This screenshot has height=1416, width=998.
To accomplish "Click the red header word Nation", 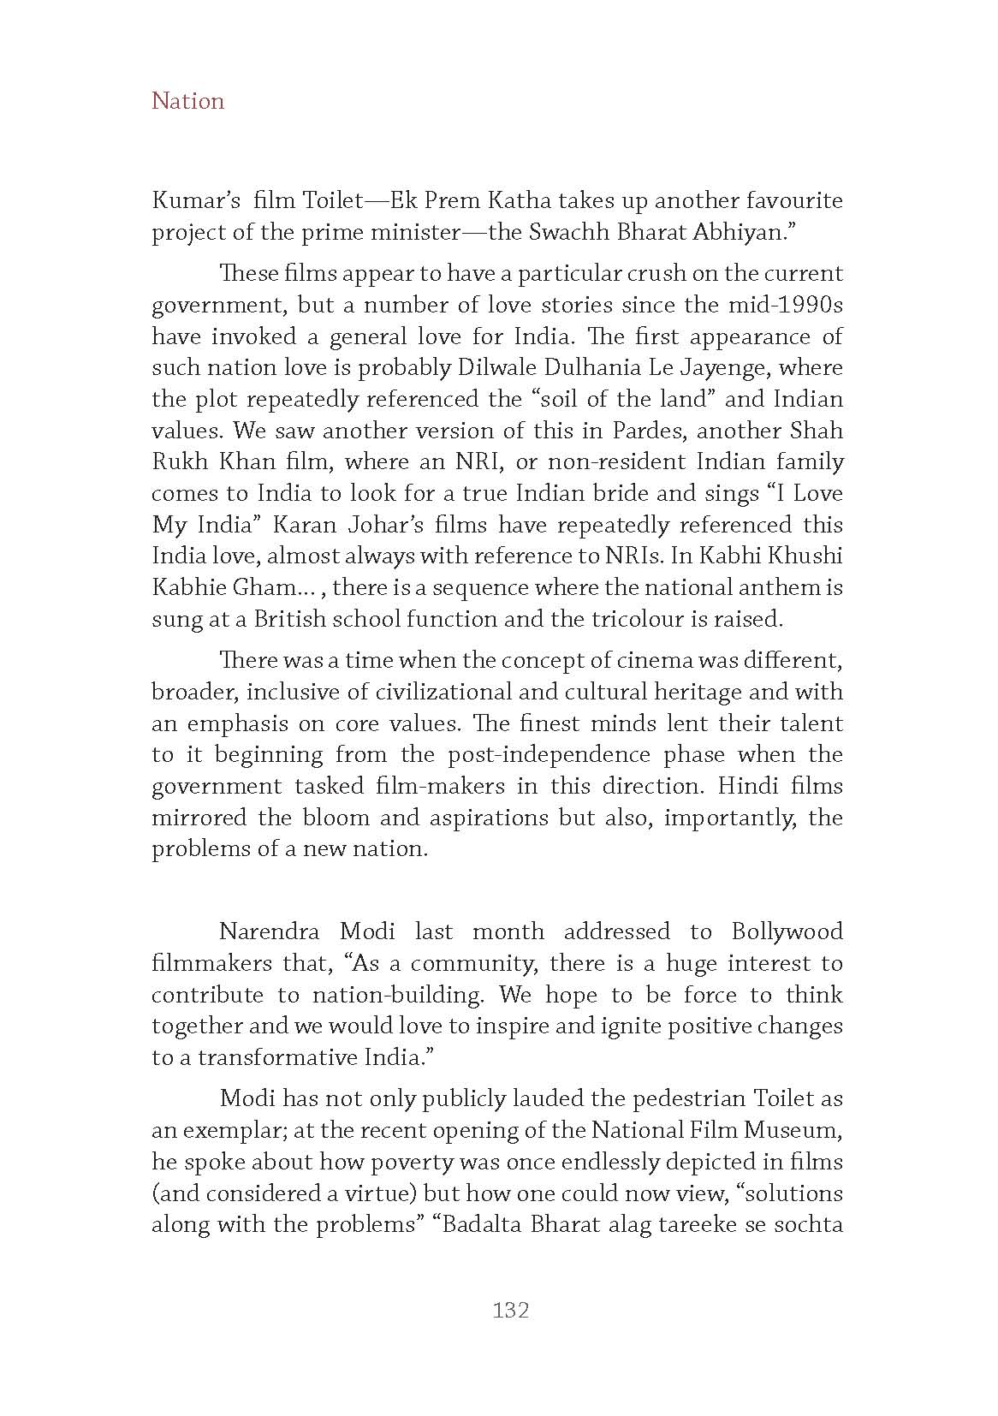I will [x=187, y=101].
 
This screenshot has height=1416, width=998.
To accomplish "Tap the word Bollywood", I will [x=787, y=931].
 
